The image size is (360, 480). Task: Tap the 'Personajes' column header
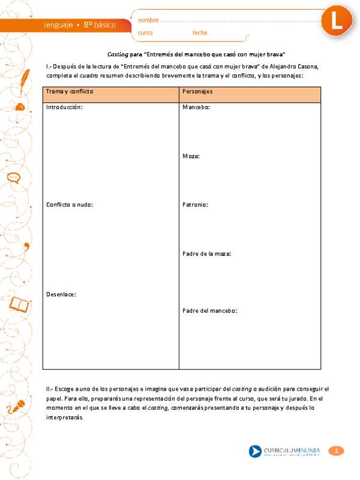coord(197,92)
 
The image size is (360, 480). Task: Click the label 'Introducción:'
coord(64,107)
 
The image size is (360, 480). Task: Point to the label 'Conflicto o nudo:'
coord(70,205)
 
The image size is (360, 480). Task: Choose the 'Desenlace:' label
coord(61,294)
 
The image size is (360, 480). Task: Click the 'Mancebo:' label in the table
coord(196,107)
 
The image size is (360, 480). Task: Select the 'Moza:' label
coord(191,156)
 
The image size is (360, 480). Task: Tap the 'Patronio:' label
coord(195,205)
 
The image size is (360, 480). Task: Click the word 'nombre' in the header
coord(148,20)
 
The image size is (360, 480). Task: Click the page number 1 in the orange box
coord(337,451)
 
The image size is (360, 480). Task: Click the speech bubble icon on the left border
coord(14,178)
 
